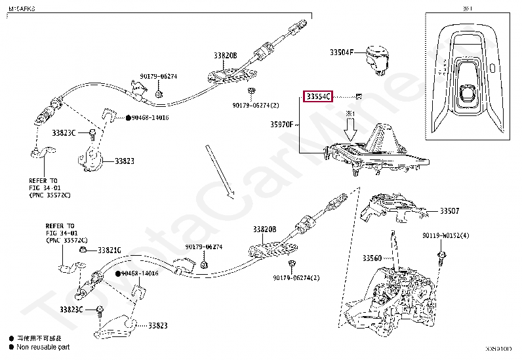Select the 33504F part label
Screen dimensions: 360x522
coord(342,51)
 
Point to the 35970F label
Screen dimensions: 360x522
coord(283,123)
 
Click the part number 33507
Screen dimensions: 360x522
coord(449,211)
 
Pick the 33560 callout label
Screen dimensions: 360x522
coord(372,258)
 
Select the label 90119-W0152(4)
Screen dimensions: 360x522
coord(445,235)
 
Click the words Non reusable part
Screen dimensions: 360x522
coord(43,347)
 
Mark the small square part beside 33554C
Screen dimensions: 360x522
coord(358,98)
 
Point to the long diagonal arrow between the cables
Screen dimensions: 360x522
coord(218,170)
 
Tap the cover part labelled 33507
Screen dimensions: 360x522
coord(393,209)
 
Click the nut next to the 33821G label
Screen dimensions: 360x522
coord(83,250)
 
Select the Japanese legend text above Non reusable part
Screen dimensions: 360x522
coord(41,338)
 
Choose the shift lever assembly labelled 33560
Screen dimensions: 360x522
coord(393,295)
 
